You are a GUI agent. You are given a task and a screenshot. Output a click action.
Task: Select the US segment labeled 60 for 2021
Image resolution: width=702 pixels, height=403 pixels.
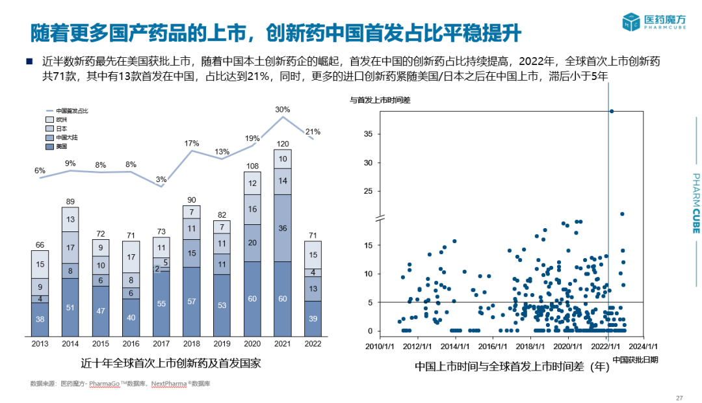(282, 298)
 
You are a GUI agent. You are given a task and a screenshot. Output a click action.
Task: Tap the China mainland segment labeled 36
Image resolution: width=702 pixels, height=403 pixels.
(282, 228)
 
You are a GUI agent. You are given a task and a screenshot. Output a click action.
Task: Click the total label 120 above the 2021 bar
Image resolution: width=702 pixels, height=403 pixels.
(282, 144)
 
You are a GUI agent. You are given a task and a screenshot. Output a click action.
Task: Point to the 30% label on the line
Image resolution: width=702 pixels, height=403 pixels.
(282, 109)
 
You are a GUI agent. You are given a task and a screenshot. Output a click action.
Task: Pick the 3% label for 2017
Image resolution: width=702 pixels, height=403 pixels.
(161, 179)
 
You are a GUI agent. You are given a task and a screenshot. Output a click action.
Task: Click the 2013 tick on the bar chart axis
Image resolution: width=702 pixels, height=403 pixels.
(40, 343)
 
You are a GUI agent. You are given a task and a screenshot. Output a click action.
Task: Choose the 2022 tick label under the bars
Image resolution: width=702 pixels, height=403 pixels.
(313, 343)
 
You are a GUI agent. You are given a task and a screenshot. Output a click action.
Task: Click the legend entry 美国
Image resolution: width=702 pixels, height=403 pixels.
(62, 147)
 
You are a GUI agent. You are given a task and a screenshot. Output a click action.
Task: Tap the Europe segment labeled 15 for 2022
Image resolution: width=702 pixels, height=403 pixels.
(313, 255)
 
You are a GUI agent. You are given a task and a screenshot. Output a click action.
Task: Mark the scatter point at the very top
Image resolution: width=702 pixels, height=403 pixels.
(612, 111)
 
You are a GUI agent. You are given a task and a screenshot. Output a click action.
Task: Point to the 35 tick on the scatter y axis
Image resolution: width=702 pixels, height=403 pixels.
(367, 134)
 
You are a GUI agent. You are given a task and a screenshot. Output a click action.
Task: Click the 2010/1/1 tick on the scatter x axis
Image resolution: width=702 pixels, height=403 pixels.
(382, 346)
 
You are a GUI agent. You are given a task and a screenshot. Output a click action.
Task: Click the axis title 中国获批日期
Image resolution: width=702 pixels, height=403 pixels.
(634, 359)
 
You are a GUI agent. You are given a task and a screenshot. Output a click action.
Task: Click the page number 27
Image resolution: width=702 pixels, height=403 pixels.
(680, 398)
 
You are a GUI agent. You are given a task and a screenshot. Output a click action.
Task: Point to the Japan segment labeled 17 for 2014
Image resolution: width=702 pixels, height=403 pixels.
(70, 248)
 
